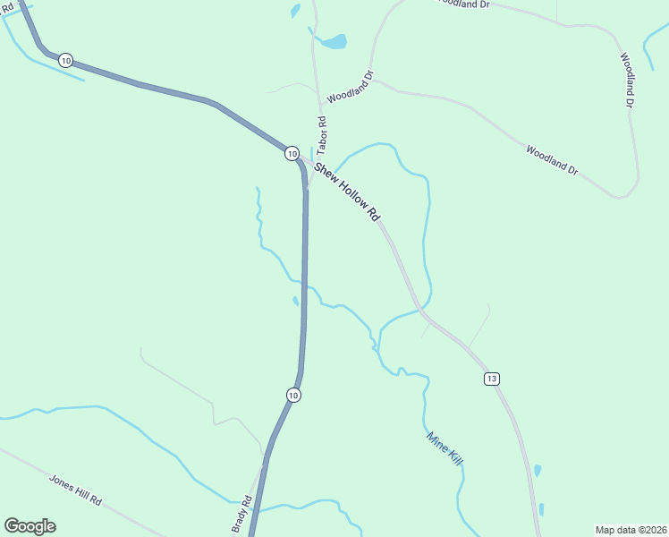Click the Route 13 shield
(x=492, y=379)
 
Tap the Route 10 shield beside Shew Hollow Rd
(x=292, y=154)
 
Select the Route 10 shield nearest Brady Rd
(x=293, y=395)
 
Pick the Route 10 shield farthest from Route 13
(x=66, y=60)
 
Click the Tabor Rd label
(x=321, y=132)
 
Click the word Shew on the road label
(x=323, y=169)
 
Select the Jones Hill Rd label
(x=75, y=489)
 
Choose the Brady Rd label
(x=241, y=514)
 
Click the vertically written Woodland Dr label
(x=628, y=81)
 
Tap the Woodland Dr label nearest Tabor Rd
(x=350, y=87)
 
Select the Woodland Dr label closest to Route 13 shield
(x=552, y=159)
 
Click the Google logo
(x=30, y=525)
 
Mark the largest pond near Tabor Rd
(x=334, y=41)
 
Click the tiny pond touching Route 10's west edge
(x=296, y=301)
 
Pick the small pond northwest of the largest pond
(x=295, y=11)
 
